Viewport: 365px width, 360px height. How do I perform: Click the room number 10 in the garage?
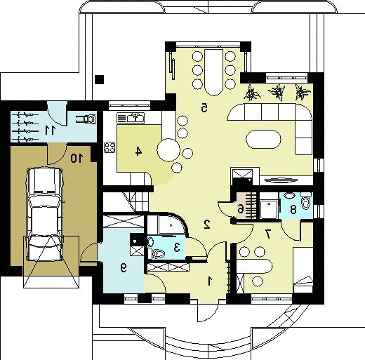click(77, 159)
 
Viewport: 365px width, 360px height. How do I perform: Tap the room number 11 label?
click(51, 130)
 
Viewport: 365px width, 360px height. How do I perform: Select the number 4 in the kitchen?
click(138, 152)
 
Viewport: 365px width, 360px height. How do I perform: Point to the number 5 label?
click(204, 107)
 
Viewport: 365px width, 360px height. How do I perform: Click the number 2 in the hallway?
click(207, 225)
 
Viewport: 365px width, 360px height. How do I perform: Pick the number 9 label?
click(124, 267)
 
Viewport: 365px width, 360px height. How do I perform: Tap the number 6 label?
click(240, 209)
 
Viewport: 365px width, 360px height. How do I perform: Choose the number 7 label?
click(268, 234)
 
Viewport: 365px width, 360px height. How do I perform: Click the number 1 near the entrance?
click(210, 281)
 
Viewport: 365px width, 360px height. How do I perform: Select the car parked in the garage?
click(45, 214)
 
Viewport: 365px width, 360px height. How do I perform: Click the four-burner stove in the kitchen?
click(109, 147)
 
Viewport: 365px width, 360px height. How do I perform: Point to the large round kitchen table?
click(168, 150)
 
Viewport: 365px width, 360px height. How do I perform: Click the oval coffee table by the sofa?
click(263, 139)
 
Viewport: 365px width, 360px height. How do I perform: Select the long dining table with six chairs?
click(213, 72)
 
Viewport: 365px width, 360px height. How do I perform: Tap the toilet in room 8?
click(305, 201)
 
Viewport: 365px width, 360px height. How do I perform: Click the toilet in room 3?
click(158, 253)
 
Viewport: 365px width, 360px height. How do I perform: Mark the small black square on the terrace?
click(100, 79)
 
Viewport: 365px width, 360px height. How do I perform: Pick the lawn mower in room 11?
click(86, 119)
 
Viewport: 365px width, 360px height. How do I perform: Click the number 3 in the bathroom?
click(177, 247)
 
